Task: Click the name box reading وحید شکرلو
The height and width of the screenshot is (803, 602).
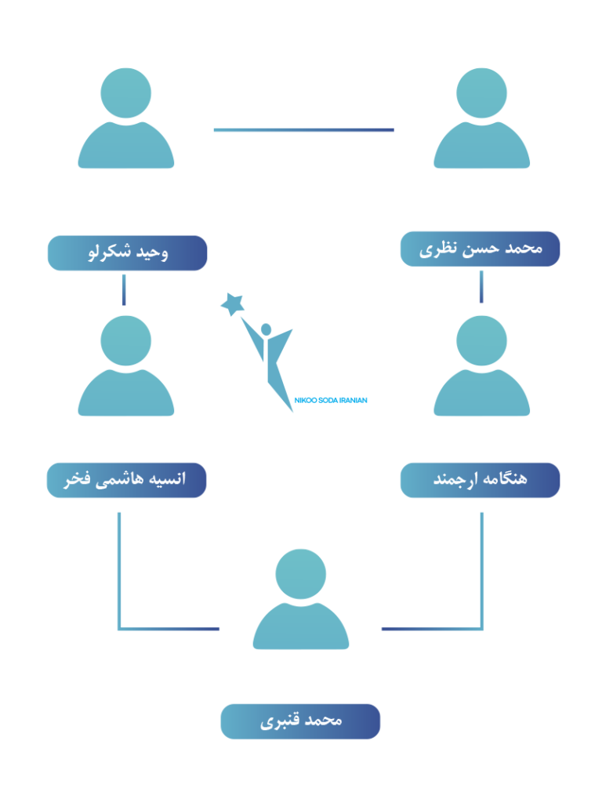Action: point(127,253)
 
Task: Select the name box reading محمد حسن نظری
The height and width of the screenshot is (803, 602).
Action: point(480,249)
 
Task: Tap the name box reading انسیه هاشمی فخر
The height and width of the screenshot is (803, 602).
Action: point(126,480)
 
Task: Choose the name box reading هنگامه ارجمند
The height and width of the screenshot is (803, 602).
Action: point(480,480)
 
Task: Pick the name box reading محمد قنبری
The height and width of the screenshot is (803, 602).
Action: point(300,721)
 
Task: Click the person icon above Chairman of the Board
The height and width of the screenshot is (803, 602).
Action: point(481,122)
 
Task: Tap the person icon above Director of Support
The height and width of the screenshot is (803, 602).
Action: point(300,600)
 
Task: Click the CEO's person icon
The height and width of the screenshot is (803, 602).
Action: point(126,122)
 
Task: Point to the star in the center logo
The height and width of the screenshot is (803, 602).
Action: point(232,303)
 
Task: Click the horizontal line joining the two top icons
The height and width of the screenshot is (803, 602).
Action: point(303,130)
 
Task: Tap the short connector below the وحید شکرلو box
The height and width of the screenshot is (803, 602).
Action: point(124,289)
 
